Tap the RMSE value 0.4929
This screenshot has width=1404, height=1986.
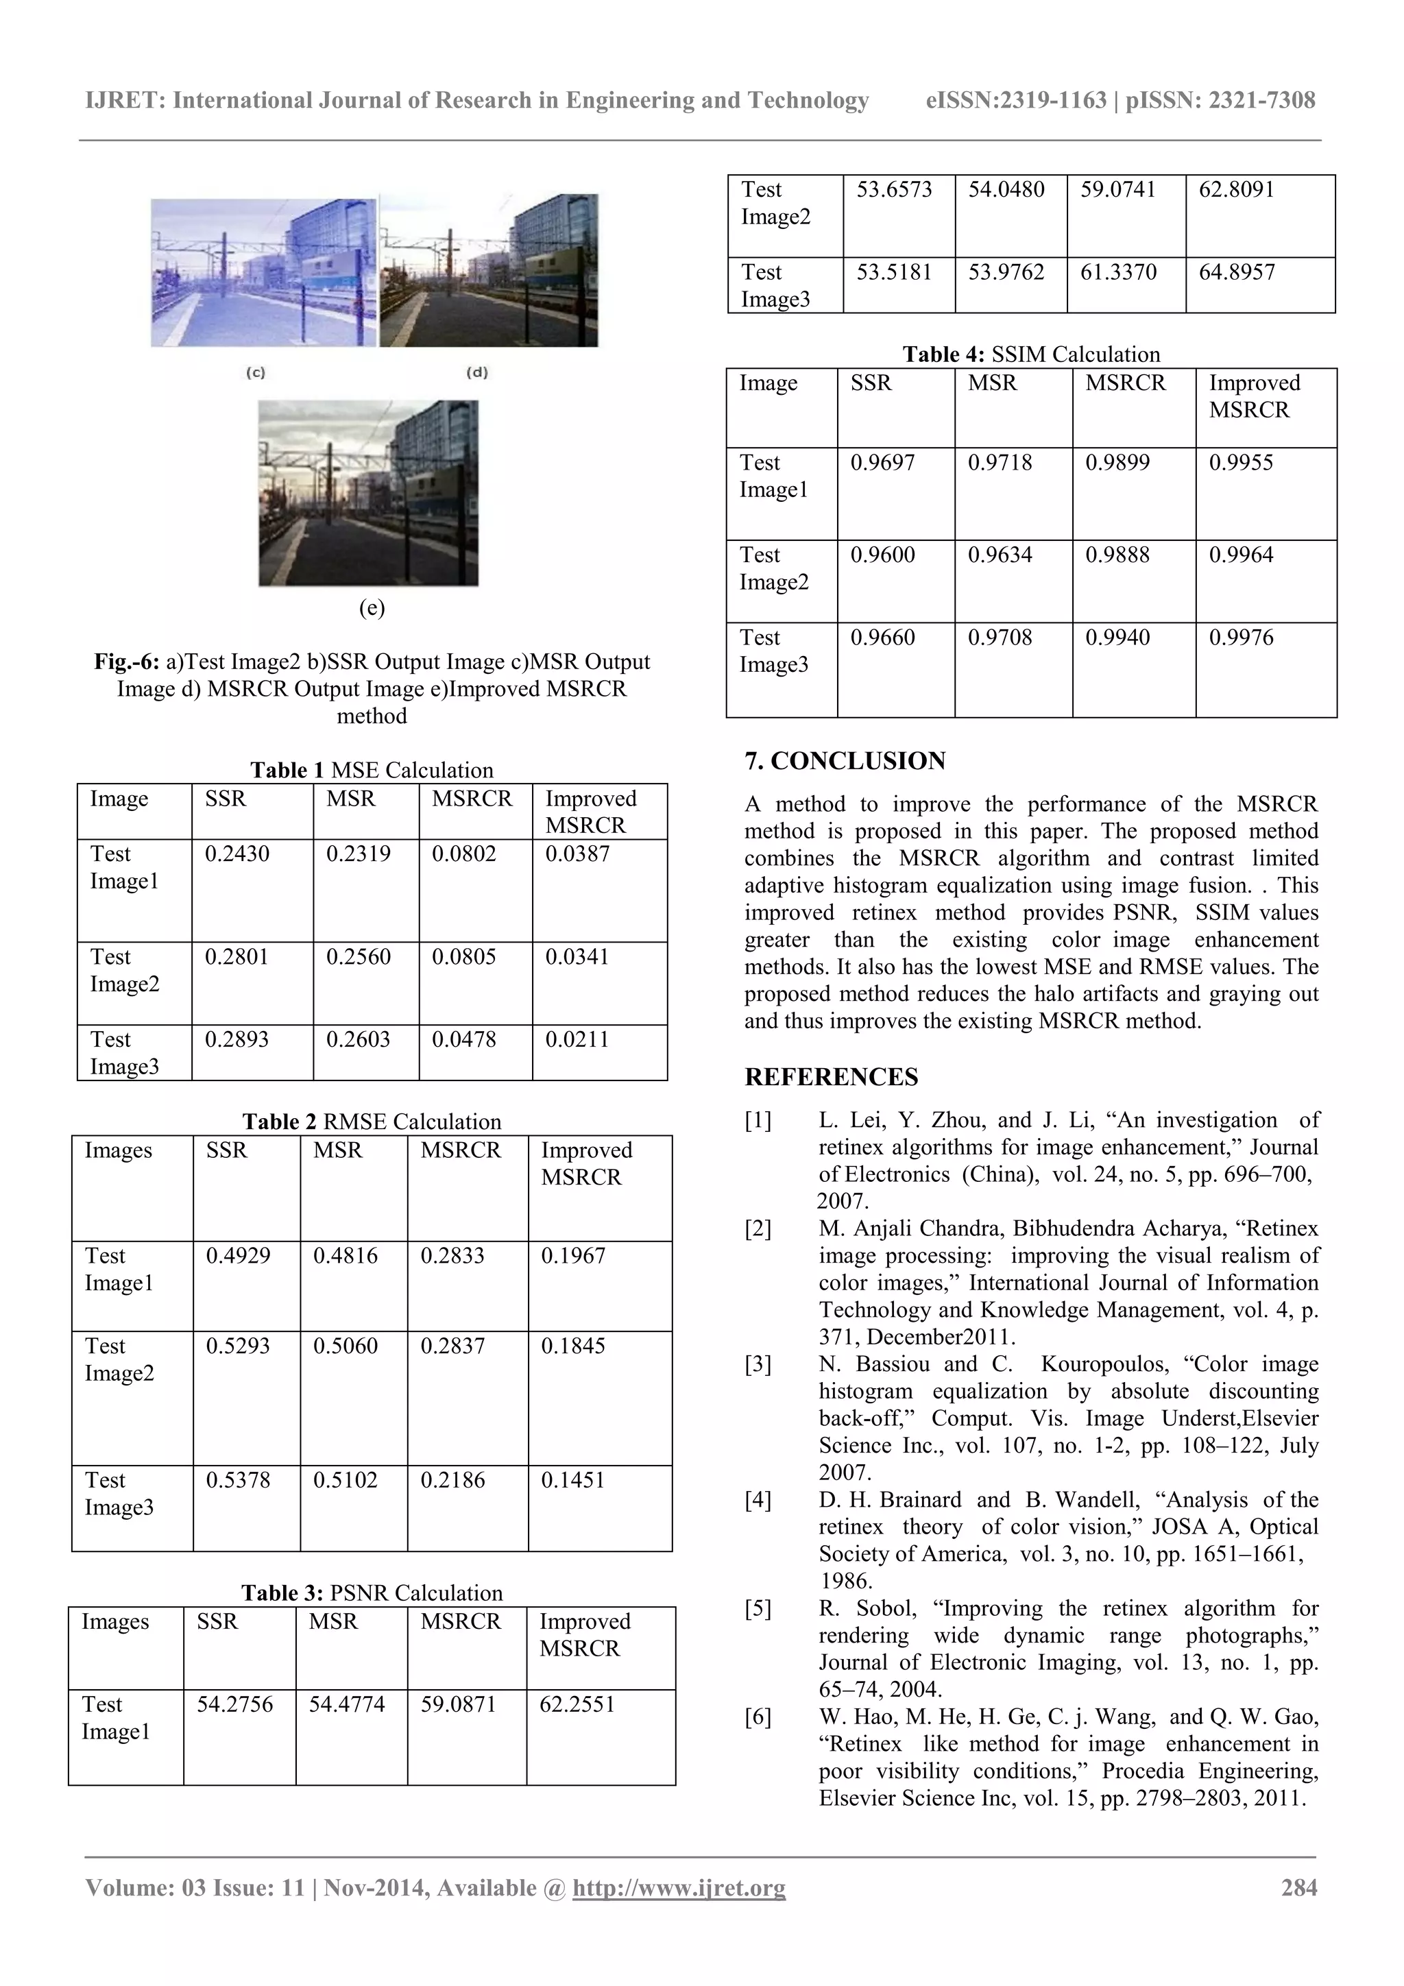click(237, 1255)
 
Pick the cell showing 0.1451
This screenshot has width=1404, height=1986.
click(572, 1480)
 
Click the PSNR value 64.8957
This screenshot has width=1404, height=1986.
click(1236, 271)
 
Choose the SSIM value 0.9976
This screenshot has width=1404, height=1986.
click(1241, 638)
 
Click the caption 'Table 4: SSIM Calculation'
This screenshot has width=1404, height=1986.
click(1031, 354)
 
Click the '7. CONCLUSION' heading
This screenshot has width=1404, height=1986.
click(845, 761)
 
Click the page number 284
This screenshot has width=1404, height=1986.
click(1298, 1887)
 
